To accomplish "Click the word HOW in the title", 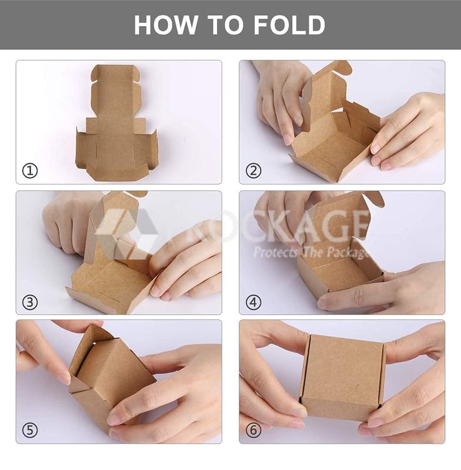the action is pos(166,25).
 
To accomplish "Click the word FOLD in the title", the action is pos(290,25).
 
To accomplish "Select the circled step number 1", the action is pos(30,171).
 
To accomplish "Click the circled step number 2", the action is pos(253,171).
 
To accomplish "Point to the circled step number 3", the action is pos(30,302).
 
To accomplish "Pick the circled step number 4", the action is pos(253,302).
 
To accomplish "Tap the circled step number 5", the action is pos(30,431).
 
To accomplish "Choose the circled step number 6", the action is pos(253,431).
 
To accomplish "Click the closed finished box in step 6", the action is pos(342,378).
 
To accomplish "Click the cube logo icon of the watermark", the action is pos(126,234).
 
